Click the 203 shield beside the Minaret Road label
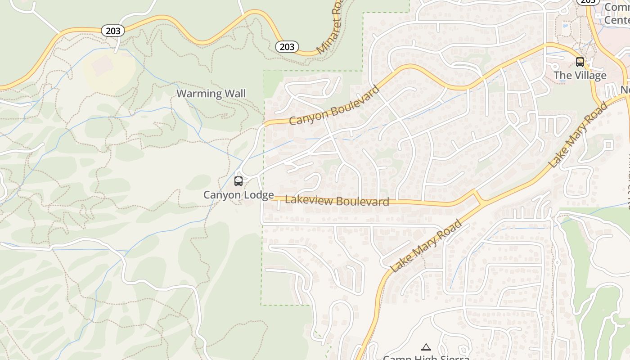[287, 46]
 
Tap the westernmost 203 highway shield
[113, 30]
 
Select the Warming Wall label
[211, 94]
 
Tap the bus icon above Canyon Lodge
[238, 181]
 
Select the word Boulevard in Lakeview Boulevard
[363, 202]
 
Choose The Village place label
[580, 75]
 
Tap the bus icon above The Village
[580, 62]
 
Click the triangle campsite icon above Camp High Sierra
[426, 347]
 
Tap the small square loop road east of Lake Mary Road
[609, 145]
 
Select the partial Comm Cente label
[616, 13]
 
